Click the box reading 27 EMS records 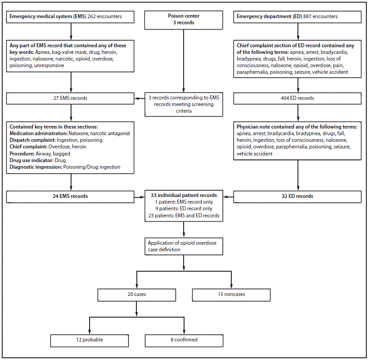tap(71, 98)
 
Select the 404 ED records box tap(299, 98)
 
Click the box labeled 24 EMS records tap(71, 196)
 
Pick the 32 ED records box tap(299, 196)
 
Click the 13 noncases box tap(231, 295)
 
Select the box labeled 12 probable tap(90, 340)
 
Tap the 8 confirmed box tap(184, 340)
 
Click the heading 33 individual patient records tap(184, 195)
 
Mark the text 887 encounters tap(321, 17)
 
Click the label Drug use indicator tap(29, 160)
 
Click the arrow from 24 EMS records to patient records tap(140, 196)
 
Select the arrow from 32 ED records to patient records tap(229, 196)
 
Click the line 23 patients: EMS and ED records tap(184, 216)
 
